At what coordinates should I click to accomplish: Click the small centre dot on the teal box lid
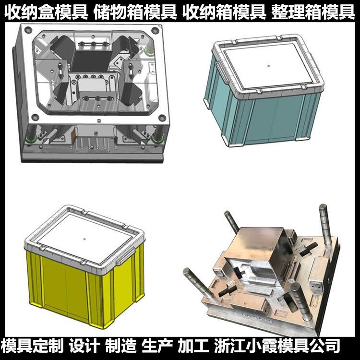pos(269,66)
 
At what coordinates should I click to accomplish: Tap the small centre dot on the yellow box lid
pos(84,239)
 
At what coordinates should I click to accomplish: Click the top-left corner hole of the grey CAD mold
pos(28,30)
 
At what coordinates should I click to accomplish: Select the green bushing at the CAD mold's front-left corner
pos(31,138)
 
